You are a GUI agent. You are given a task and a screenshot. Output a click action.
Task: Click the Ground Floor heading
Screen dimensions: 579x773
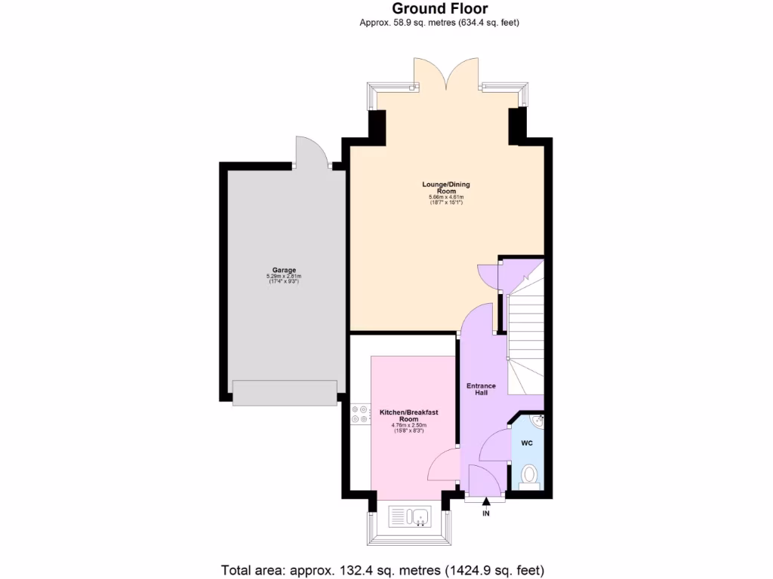click(439, 9)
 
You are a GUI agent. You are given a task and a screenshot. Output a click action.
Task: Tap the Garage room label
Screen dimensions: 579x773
click(284, 270)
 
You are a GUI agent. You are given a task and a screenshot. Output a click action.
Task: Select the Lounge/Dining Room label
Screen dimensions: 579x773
click(446, 188)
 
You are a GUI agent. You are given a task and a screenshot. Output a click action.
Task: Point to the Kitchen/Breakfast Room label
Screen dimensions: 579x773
click(409, 415)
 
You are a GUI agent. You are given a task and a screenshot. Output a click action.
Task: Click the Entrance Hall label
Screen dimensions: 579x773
click(481, 390)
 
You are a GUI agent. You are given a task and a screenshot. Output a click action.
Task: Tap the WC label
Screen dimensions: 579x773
click(527, 443)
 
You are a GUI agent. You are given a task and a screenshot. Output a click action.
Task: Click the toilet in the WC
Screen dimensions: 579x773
click(529, 476)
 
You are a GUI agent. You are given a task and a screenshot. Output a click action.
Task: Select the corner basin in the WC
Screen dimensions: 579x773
click(537, 419)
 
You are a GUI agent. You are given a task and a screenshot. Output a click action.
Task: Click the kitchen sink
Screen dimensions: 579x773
click(409, 516)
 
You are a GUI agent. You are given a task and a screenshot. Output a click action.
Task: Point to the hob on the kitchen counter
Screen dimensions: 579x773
click(359, 414)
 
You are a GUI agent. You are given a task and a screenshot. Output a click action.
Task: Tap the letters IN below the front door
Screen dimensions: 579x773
click(486, 513)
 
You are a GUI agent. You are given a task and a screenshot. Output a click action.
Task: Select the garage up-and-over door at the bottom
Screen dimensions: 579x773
click(284, 393)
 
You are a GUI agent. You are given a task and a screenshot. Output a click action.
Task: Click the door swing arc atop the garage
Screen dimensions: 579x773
click(310, 151)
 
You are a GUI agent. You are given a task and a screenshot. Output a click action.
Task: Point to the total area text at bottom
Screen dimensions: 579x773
click(383, 569)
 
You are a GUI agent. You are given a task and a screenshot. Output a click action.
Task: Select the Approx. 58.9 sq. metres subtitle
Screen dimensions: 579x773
click(439, 23)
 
